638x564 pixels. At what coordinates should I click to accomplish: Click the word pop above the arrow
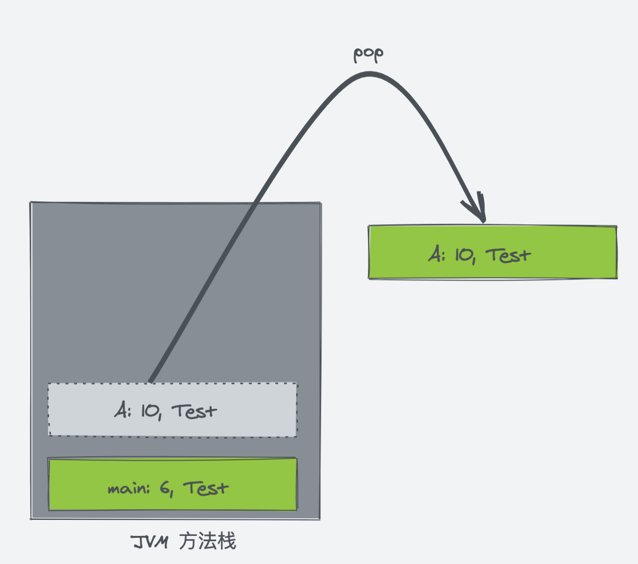coord(369,55)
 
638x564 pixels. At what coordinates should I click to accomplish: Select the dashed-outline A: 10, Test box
coord(172,410)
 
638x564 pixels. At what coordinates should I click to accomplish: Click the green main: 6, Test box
coord(172,484)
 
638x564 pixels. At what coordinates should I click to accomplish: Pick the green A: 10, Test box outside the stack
coord(493,252)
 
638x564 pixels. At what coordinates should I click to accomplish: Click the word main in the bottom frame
coord(129,489)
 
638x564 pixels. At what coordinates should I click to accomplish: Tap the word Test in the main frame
coord(206,488)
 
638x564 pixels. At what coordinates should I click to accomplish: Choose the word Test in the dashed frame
coord(194,411)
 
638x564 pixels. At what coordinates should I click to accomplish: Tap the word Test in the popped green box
coord(508,255)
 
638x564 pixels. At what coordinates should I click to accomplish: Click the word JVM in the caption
coord(149,542)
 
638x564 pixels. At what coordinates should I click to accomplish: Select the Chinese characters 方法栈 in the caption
coord(207,541)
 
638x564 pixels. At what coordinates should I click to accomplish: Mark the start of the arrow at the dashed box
coord(151,382)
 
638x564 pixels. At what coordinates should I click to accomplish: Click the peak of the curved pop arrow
coord(369,74)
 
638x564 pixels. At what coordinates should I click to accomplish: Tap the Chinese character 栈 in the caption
coord(226,541)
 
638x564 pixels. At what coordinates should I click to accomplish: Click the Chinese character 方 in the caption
coord(188,541)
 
